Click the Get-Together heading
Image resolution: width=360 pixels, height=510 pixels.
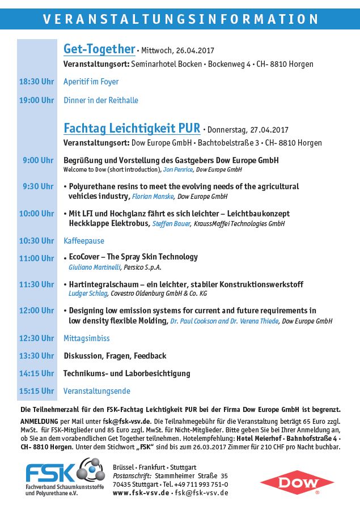coord(99,49)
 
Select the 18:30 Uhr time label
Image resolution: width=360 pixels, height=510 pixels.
coord(37,82)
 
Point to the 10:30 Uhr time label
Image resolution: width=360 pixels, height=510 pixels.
coord(37,241)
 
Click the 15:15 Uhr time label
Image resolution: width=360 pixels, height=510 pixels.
coord(37,391)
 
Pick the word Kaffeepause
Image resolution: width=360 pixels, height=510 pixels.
coord(83,241)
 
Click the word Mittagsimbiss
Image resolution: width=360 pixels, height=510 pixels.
coord(86,338)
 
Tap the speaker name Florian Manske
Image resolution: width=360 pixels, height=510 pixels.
coord(153,197)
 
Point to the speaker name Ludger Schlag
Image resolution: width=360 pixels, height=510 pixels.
coord(87,294)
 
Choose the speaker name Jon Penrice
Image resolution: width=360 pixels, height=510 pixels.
coord(177,169)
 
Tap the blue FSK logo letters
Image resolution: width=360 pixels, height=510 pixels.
coord(49,472)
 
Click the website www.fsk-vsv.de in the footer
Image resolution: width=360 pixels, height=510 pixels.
coord(141,493)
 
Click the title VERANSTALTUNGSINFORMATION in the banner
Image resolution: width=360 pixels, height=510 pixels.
coord(180,19)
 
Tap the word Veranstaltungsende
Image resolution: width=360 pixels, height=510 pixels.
coord(97,391)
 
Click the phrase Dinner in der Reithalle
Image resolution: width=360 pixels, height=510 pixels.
coord(101,100)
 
